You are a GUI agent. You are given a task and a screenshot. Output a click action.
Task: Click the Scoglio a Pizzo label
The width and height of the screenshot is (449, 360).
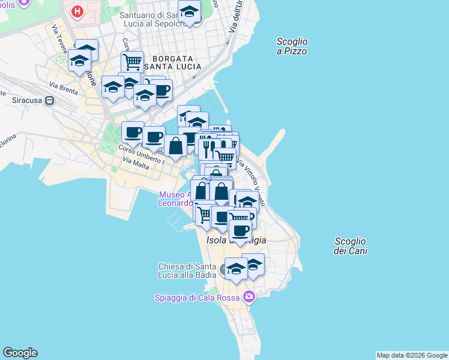coord(292,46)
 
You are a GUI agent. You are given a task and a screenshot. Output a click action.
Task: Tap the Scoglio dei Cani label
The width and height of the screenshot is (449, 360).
coord(351,246)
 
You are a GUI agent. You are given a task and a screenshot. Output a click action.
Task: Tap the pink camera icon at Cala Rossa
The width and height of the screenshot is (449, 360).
coord(249,296)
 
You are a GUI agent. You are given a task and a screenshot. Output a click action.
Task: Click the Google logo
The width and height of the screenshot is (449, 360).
coord(20,353)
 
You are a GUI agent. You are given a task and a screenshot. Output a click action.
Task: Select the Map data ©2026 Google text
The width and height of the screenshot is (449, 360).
coord(412,355)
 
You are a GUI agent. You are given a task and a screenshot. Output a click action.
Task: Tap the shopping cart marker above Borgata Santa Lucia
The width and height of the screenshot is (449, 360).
coord(132,61)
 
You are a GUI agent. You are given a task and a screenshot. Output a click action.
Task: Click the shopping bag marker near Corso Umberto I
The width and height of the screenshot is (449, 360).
coord(175,146)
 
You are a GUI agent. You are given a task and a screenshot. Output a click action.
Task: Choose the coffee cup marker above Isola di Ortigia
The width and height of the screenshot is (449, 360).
coord(240,230)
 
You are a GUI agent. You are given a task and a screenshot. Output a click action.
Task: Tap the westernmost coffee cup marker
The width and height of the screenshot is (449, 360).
coord(132,132)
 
